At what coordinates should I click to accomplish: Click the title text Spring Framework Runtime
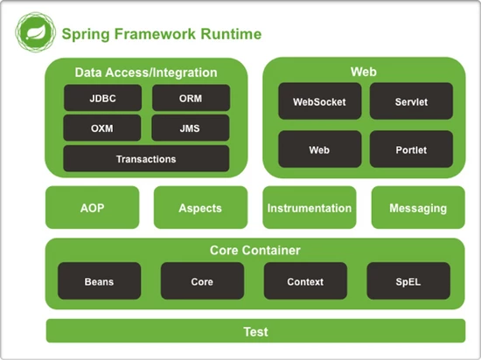[160, 34]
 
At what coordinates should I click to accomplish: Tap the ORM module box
[191, 98]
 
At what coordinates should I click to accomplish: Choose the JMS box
[191, 128]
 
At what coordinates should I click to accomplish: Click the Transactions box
[146, 159]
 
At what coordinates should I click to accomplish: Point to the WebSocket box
[319, 101]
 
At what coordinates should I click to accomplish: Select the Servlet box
[411, 101]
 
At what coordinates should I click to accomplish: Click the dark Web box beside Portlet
[319, 149]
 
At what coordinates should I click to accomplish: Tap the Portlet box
[411, 149]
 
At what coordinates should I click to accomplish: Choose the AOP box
[92, 208]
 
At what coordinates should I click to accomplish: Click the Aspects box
[200, 208]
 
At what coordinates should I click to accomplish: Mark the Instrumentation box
[310, 208]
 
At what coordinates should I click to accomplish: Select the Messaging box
[418, 208]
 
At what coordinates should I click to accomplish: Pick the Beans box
[99, 281]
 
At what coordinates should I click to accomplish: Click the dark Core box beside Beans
[202, 281]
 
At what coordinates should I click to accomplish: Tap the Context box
[305, 281]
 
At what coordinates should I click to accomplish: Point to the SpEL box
[408, 281]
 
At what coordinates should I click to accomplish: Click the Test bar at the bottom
[255, 332]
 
